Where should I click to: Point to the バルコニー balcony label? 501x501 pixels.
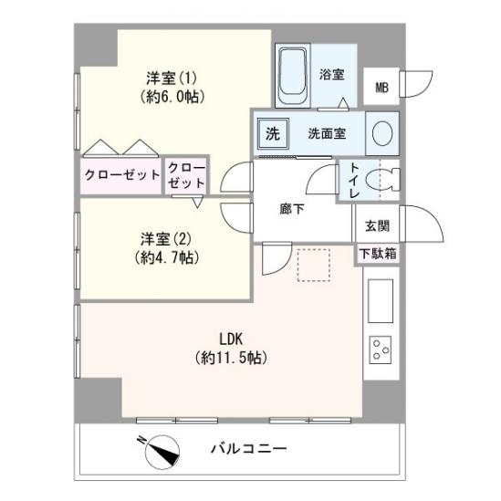click(x=249, y=449)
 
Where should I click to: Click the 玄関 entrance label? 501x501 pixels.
click(x=377, y=226)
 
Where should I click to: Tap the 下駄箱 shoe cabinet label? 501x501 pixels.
click(x=377, y=254)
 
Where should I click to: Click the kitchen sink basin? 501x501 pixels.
click(x=379, y=302)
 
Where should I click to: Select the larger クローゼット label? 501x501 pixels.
click(x=121, y=174)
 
